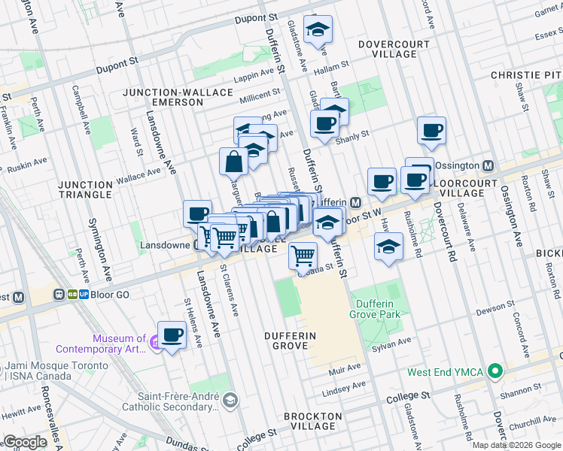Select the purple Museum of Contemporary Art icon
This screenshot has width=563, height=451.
click(154, 344)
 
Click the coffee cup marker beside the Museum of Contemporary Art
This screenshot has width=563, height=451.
click(172, 334)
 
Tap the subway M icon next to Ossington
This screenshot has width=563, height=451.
click(488, 165)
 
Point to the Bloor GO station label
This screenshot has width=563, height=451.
click(110, 295)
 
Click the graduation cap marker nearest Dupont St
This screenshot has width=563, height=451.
click(318, 29)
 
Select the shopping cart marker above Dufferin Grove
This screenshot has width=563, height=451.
click(303, 256)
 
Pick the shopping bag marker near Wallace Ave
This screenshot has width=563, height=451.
click(233, 161)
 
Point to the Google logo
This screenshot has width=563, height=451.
click(25, 443)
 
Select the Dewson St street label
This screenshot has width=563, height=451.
click(496, 305)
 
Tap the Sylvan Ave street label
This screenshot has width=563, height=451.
click(394, 341)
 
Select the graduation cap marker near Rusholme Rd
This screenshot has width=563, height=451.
click(388, 247)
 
